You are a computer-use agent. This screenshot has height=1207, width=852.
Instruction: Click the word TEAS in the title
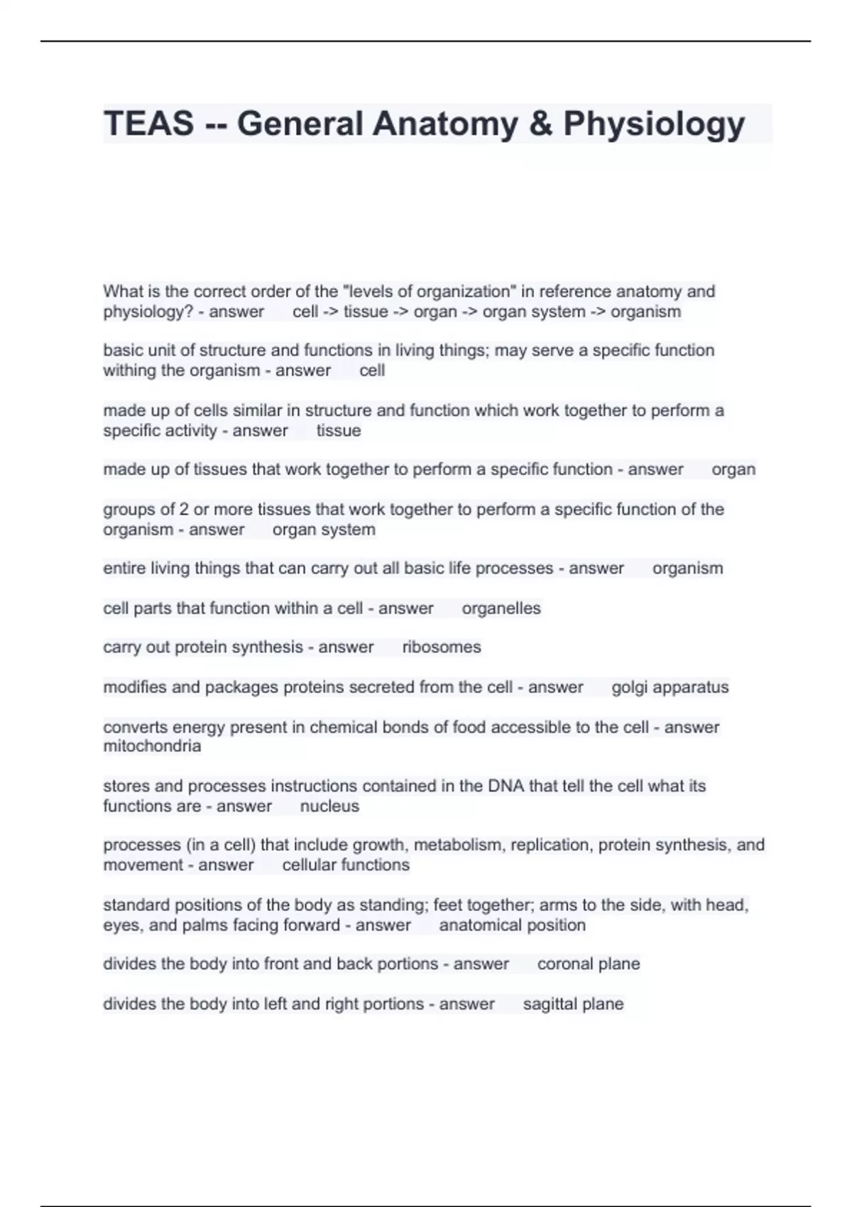148,124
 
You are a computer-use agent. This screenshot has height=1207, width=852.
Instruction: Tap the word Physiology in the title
654,124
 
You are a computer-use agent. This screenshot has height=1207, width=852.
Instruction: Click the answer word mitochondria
152,746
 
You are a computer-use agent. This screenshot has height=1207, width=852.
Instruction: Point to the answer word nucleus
329,806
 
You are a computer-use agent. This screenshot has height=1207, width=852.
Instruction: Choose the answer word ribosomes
442,647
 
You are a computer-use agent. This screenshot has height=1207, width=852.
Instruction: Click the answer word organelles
501,608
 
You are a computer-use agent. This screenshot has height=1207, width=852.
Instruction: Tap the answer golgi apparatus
670,687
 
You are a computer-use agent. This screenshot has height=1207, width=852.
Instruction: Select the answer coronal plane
589,963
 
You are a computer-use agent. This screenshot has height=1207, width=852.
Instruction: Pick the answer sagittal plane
573,1003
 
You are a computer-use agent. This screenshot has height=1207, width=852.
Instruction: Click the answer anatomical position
512,925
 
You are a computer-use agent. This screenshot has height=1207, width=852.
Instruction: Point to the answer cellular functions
346,865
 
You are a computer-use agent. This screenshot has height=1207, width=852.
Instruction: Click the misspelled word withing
129,371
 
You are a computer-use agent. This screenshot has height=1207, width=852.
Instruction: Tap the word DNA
506,786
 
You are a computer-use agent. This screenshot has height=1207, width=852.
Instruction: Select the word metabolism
458,845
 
